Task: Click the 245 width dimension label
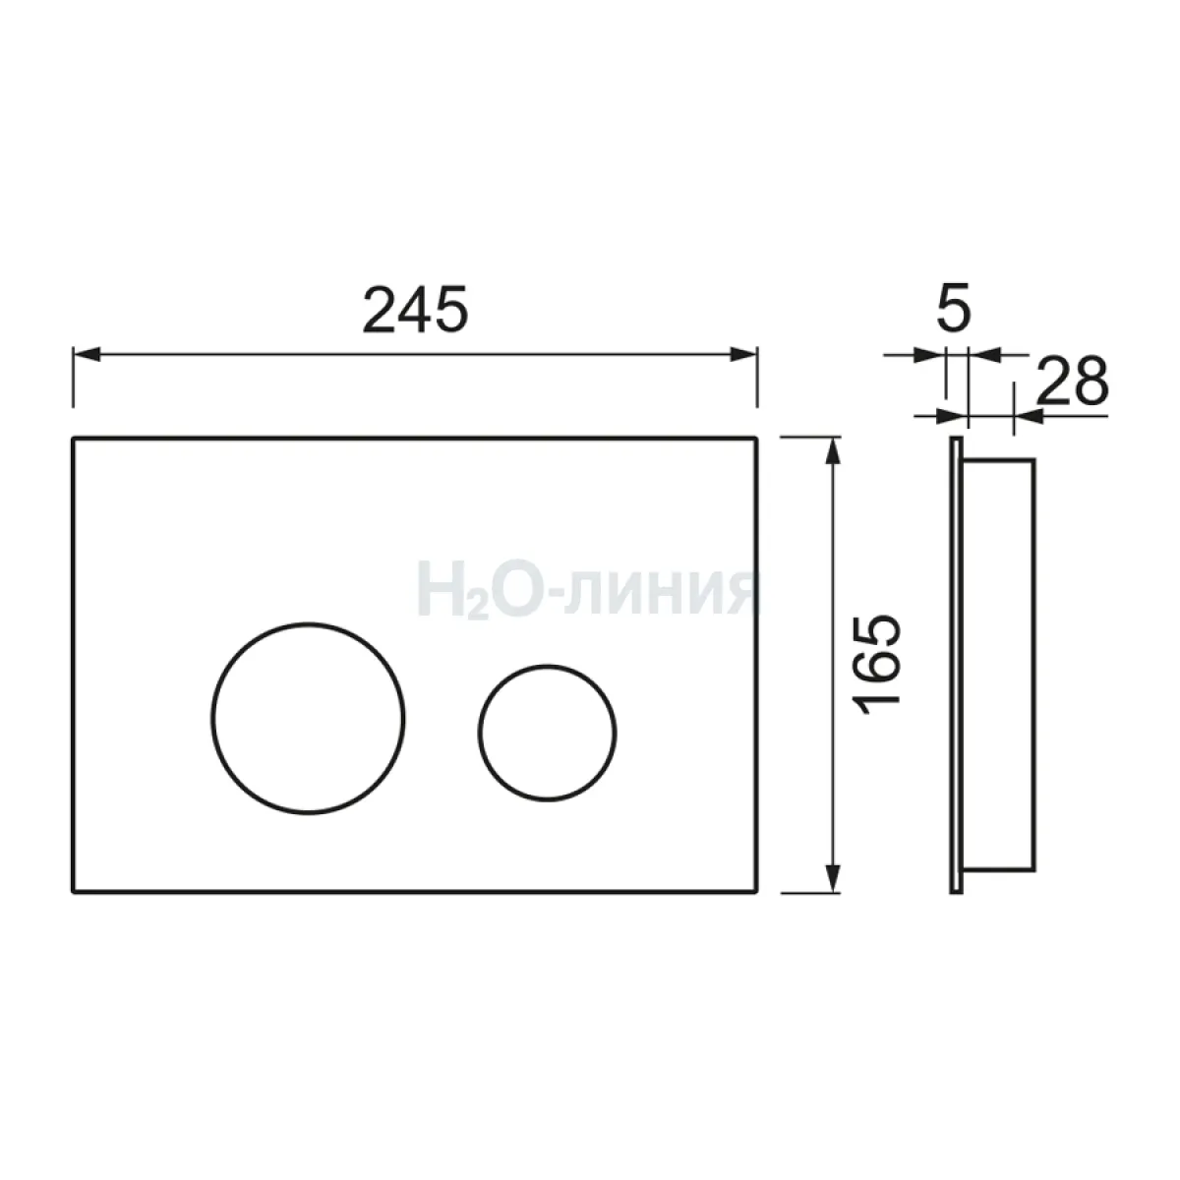(415, 309)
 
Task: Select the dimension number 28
(1073, 381)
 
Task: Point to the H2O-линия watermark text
(587, 590)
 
